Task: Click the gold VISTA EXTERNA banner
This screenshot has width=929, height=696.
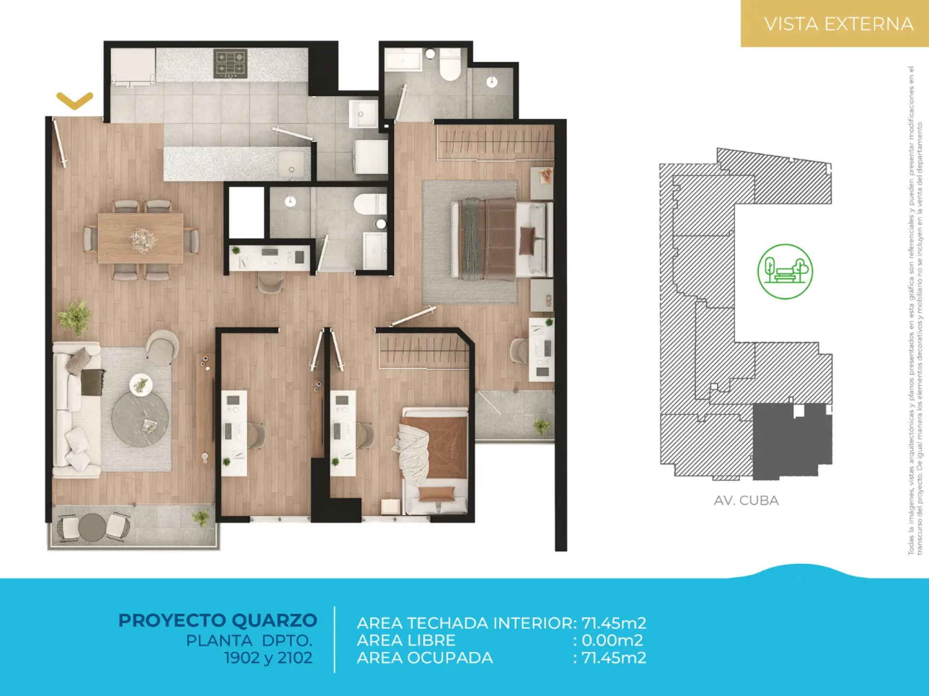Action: click(835, 23)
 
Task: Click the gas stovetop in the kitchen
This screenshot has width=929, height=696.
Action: click(230, 63)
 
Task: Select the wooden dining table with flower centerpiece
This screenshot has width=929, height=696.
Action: click(141, 238)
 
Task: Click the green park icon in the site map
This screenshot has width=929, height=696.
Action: click(785, 271)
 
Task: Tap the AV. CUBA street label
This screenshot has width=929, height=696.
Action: click(746, 501)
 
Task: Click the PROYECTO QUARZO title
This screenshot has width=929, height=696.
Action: click(218, 621)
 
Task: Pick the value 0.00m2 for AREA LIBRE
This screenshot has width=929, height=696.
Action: click(612, 640)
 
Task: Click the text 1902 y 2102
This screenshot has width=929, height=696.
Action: click(268, 658)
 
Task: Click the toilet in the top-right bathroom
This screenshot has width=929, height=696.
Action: click(450, 65)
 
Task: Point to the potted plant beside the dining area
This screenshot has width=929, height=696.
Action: click(75, 317)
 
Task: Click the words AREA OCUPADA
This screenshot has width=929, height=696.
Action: click(425, 658)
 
